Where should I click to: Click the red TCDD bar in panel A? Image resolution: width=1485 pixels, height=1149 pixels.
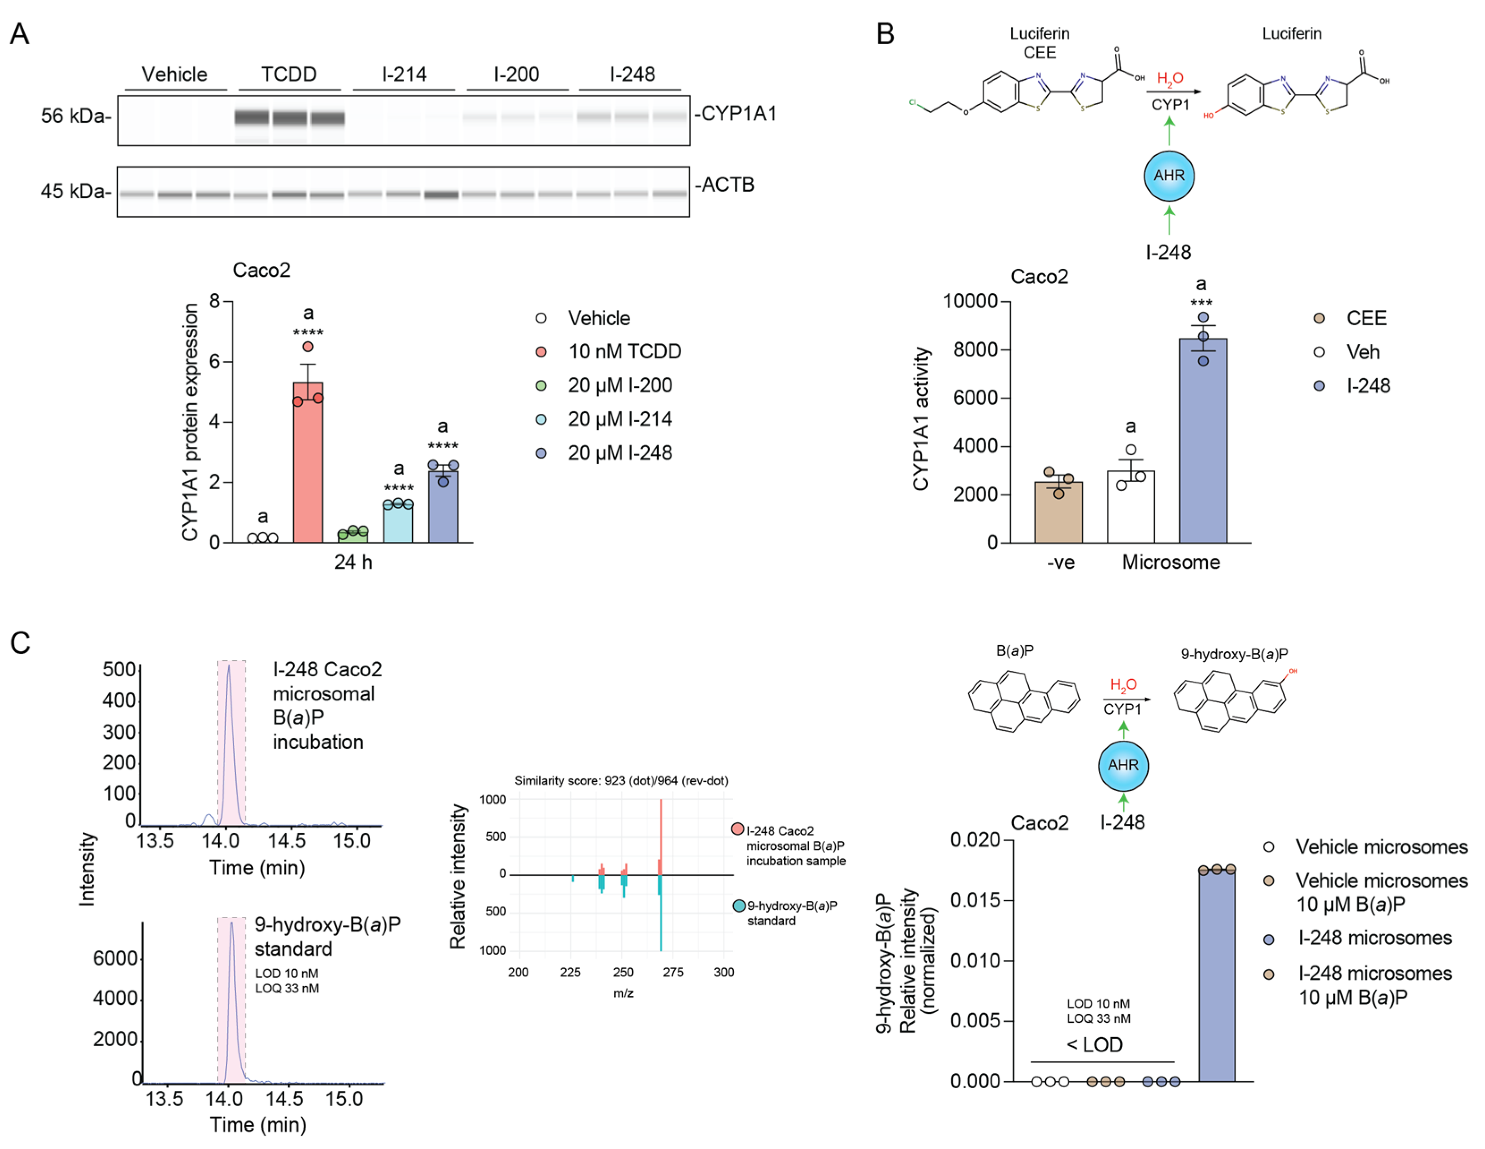click(308, 462)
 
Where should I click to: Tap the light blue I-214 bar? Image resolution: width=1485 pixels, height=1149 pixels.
click(398, 524)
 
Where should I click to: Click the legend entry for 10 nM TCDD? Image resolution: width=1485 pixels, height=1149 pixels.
click(624, 351)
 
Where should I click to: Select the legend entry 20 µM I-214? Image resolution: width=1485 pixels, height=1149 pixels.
click(620, 419)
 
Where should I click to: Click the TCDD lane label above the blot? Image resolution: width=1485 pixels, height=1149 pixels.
click(289, 74)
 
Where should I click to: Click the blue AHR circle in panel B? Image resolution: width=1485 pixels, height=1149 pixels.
click(1169, 175)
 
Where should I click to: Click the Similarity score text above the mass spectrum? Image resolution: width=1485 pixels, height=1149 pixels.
click(621, 780)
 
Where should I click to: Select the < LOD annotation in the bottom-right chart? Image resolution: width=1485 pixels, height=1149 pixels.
click(1094, 1044)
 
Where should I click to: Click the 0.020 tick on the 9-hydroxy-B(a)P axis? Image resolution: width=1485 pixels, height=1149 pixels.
click(975, 840)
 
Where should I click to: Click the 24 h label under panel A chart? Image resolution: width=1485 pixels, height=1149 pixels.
click(353, 562)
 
